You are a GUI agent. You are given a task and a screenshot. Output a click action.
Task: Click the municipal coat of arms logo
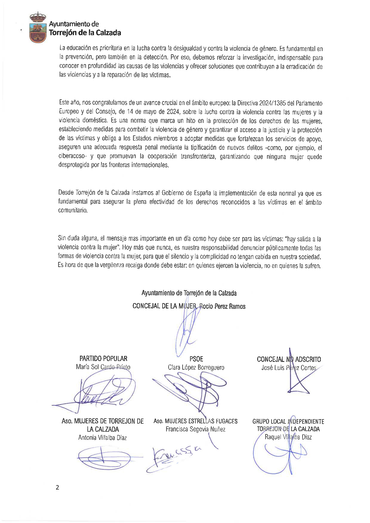pos(38,27)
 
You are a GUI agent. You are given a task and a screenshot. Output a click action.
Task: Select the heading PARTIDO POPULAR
pos(103,359)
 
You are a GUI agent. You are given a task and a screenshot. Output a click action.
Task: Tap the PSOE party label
pos(196,359)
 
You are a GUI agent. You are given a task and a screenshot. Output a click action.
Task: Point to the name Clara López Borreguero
pos(196,367)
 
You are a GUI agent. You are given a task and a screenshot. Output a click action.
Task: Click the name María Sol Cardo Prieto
pos(103,367)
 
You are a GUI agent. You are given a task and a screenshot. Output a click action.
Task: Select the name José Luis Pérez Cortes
pos(289,368)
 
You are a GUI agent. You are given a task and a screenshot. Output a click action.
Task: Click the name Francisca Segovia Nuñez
pos(195,429)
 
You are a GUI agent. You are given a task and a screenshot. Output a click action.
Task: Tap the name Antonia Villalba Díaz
pos(102,438)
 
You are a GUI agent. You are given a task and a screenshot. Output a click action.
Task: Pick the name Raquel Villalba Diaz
pos(288,437)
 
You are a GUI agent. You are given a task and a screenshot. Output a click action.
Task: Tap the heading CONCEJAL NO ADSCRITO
pos(289,359)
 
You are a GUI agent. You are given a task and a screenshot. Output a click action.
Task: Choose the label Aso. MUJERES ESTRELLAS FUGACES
pos(195,421)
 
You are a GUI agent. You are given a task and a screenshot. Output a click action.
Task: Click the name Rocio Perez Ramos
pos(222,306)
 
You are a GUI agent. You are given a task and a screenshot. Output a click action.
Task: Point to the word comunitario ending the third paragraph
pos(73,210)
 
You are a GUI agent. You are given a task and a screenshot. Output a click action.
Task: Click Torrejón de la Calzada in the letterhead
pos(85,33)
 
